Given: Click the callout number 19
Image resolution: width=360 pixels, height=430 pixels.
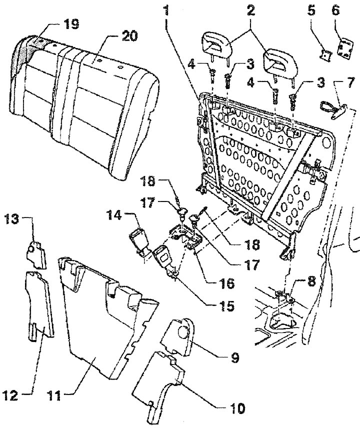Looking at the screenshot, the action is [x=71, y=24].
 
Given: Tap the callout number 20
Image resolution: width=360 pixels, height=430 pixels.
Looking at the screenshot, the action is [x=129, y=36].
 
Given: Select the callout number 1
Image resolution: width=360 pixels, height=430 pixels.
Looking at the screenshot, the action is [x=166, y=11].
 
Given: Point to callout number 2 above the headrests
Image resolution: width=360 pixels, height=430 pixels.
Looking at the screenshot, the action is [x=250, y=10].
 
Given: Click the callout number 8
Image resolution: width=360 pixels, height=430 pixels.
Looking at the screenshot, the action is [x=311, y=281].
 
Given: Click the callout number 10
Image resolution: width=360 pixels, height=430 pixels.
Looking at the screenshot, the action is [x=236, y=408].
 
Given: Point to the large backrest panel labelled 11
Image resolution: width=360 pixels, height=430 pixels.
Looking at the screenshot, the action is [x=108, y=318].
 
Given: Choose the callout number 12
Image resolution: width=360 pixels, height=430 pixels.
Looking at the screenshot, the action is [x=10, y=395].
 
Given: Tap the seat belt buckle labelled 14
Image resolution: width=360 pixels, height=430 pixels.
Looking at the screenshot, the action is [x=140, y=242].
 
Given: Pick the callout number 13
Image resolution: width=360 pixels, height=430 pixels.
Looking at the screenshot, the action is [x=11, y=219].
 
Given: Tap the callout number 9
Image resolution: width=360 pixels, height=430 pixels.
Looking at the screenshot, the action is [x=235, y=358].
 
